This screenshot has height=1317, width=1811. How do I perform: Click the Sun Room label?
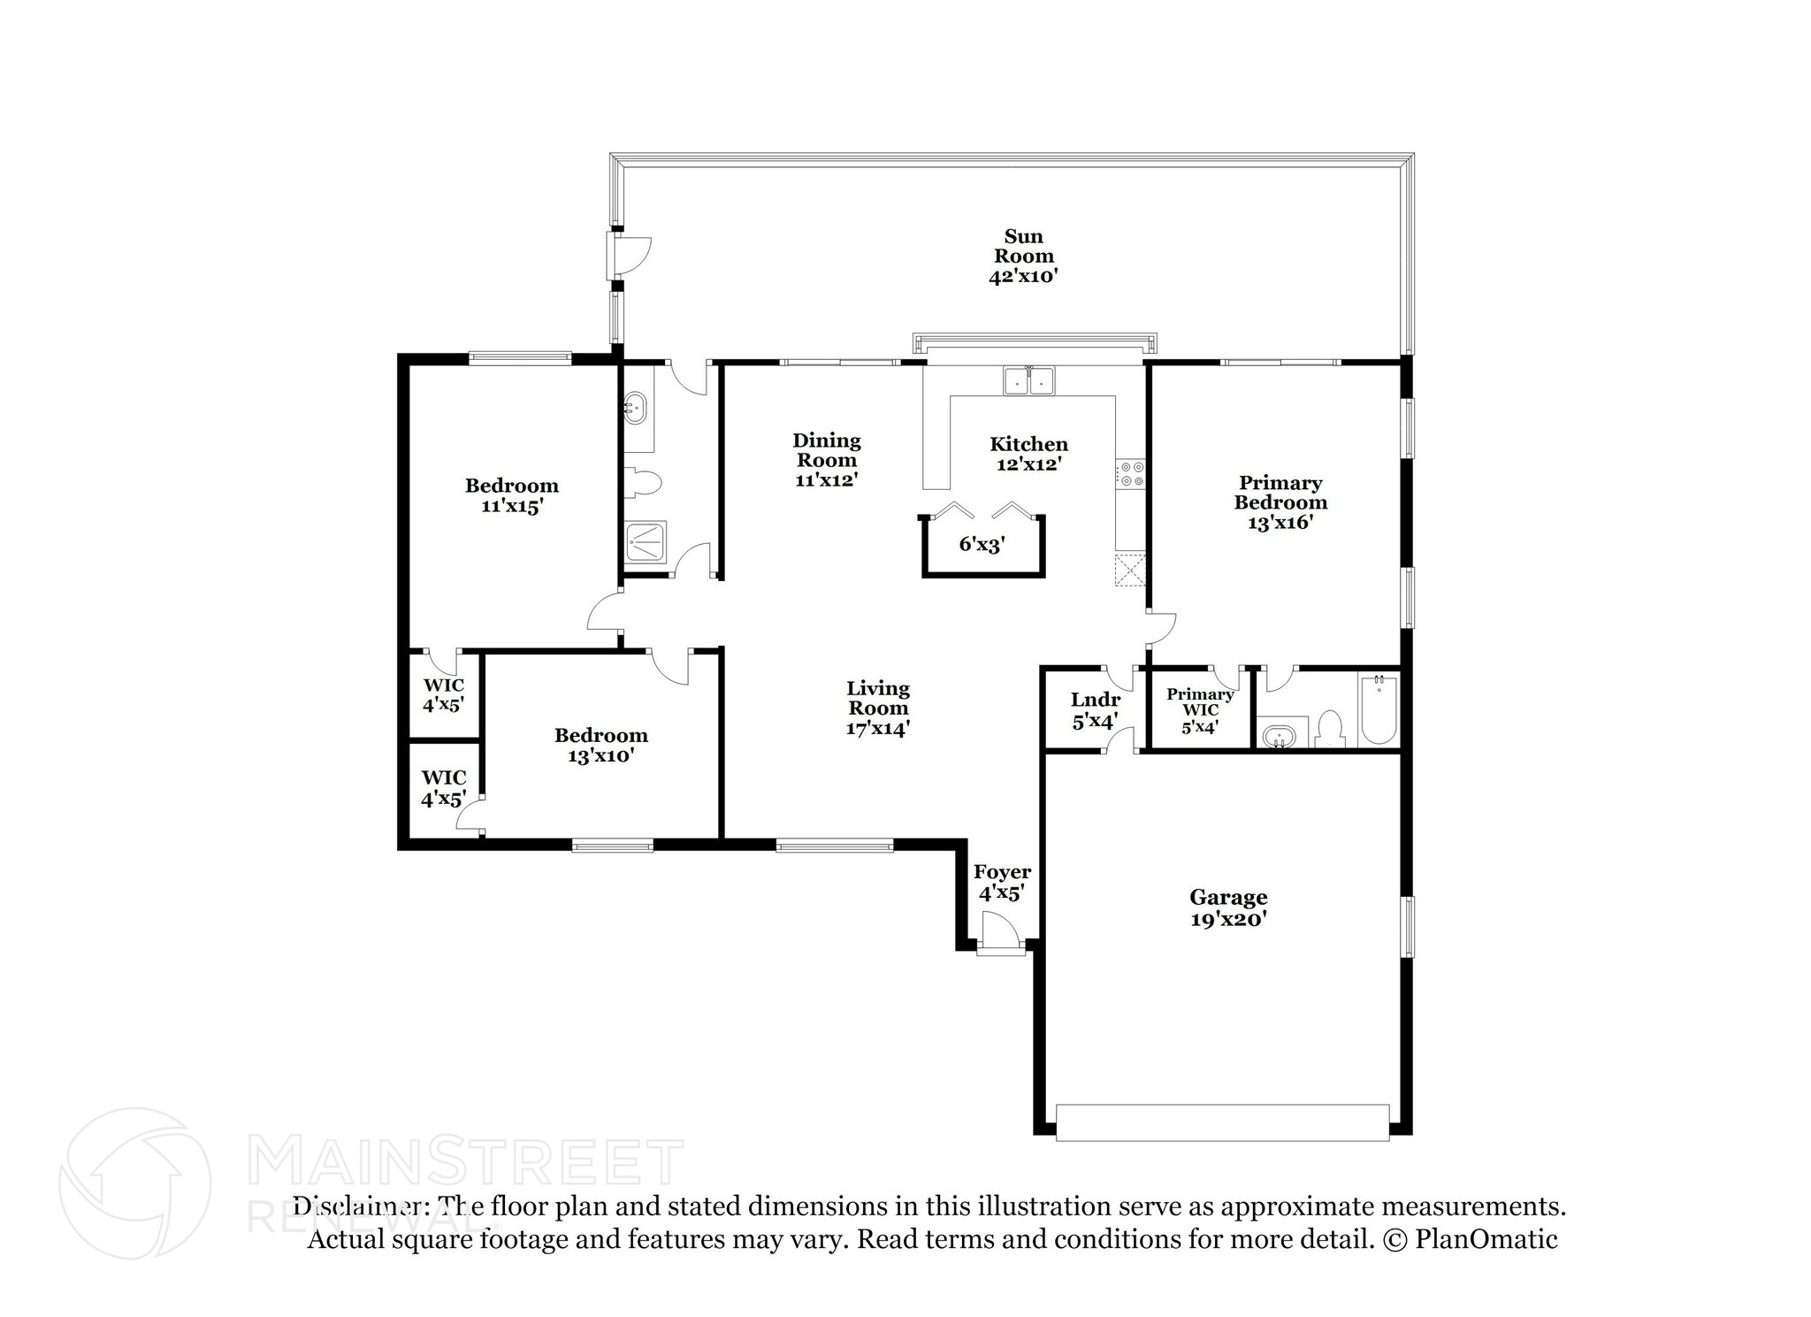tap(1023, 256)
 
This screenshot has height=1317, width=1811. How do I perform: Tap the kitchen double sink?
tap(1028, 380)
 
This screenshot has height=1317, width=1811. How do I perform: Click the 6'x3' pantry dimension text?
tap(982, 544)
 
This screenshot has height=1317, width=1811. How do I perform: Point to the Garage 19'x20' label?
tap(1228, 908)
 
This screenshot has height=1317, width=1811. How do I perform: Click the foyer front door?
tap(1000, 933)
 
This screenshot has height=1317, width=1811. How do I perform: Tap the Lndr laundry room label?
tap(1096, 710)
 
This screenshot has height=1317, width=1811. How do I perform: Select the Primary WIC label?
tap(1200, 710)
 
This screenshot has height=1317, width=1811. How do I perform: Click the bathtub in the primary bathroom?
tap(1378, 710)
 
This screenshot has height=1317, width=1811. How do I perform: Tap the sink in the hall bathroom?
tap(635, 409)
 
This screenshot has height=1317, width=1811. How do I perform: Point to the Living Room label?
tap(877, 708)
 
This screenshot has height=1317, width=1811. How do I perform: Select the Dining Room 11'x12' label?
tap(827, 460)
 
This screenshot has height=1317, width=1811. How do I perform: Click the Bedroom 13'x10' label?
tap(601, 745)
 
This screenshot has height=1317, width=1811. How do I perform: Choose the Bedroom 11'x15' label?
tap(512, 495)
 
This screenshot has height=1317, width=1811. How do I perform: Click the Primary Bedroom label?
tap(1280, 502)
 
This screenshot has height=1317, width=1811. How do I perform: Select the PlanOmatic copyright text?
tap(1470, 1238)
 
